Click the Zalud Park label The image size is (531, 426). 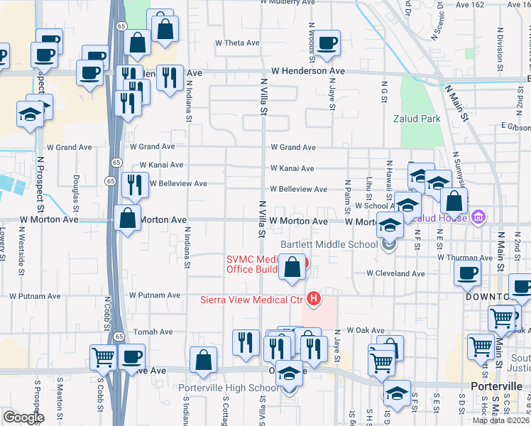(417, 119)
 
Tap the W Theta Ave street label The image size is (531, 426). (237, 43)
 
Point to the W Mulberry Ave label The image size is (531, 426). (287, 3)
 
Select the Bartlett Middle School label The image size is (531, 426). (328, 245)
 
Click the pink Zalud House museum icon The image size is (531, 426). (478, 217)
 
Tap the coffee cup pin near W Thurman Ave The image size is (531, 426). (467, 273)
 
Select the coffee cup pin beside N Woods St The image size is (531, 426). (327, 43)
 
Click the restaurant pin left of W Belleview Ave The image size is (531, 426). (134, 185)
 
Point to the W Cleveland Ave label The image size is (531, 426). (396, 273)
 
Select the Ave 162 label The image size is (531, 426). (470, 4)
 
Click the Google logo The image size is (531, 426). (23, 417)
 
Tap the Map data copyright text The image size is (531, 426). (500, 420)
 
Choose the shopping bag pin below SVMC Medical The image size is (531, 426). (292, 268)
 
